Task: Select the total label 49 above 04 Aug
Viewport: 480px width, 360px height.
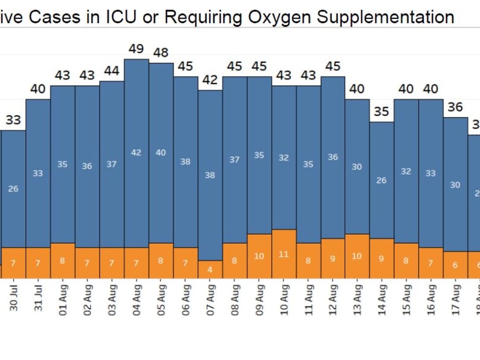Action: click(x=136, y=49)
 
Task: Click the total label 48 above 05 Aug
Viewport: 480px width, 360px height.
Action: click(x=160, y=53)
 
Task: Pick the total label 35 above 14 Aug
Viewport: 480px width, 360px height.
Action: click(x=382, y=112)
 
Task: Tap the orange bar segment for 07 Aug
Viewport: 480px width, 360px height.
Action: click(x=210, y=269)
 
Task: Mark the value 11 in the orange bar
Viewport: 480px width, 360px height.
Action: click(x=283, y=254)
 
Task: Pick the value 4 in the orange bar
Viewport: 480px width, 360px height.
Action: click(x=210, y=270)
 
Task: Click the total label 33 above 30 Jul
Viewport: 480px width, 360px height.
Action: click(x=13, y=120)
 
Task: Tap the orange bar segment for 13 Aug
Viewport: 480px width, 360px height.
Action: click(x=357, y=256)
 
